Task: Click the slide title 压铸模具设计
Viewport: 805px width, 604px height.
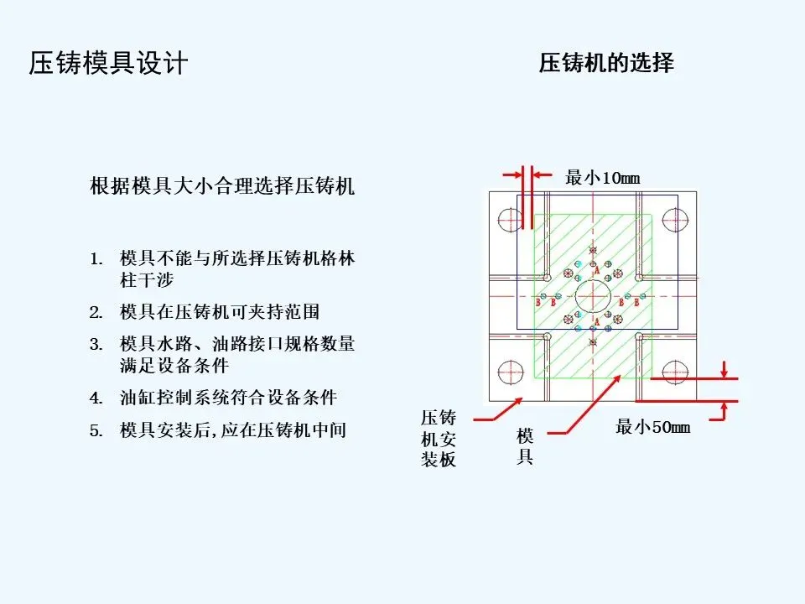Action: pos(108,64)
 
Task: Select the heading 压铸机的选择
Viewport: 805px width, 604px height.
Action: pos(605,63)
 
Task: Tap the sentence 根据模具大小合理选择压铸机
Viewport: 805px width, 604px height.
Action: pos(221,186)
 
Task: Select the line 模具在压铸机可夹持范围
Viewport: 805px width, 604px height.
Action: pos(220,312)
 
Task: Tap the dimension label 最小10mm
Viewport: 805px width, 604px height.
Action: pos(602,178)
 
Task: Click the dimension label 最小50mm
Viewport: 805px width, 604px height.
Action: pos(652,428)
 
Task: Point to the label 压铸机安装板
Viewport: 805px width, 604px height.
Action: pos(439,439)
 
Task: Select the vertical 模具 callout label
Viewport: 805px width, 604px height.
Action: pos(525,446)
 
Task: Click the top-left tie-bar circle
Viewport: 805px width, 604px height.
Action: pos(510,220)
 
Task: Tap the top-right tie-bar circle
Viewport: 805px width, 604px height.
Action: pos(675,220)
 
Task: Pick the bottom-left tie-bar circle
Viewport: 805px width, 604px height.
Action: pos(510,370)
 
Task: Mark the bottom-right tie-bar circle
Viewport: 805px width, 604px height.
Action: pos(675,370)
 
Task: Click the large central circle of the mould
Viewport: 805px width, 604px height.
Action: pos(594,298)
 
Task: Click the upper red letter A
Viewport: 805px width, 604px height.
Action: pos(596,271)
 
